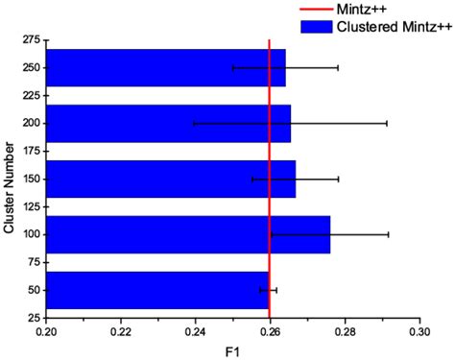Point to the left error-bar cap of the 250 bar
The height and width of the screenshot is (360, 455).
[x=232, y=68]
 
